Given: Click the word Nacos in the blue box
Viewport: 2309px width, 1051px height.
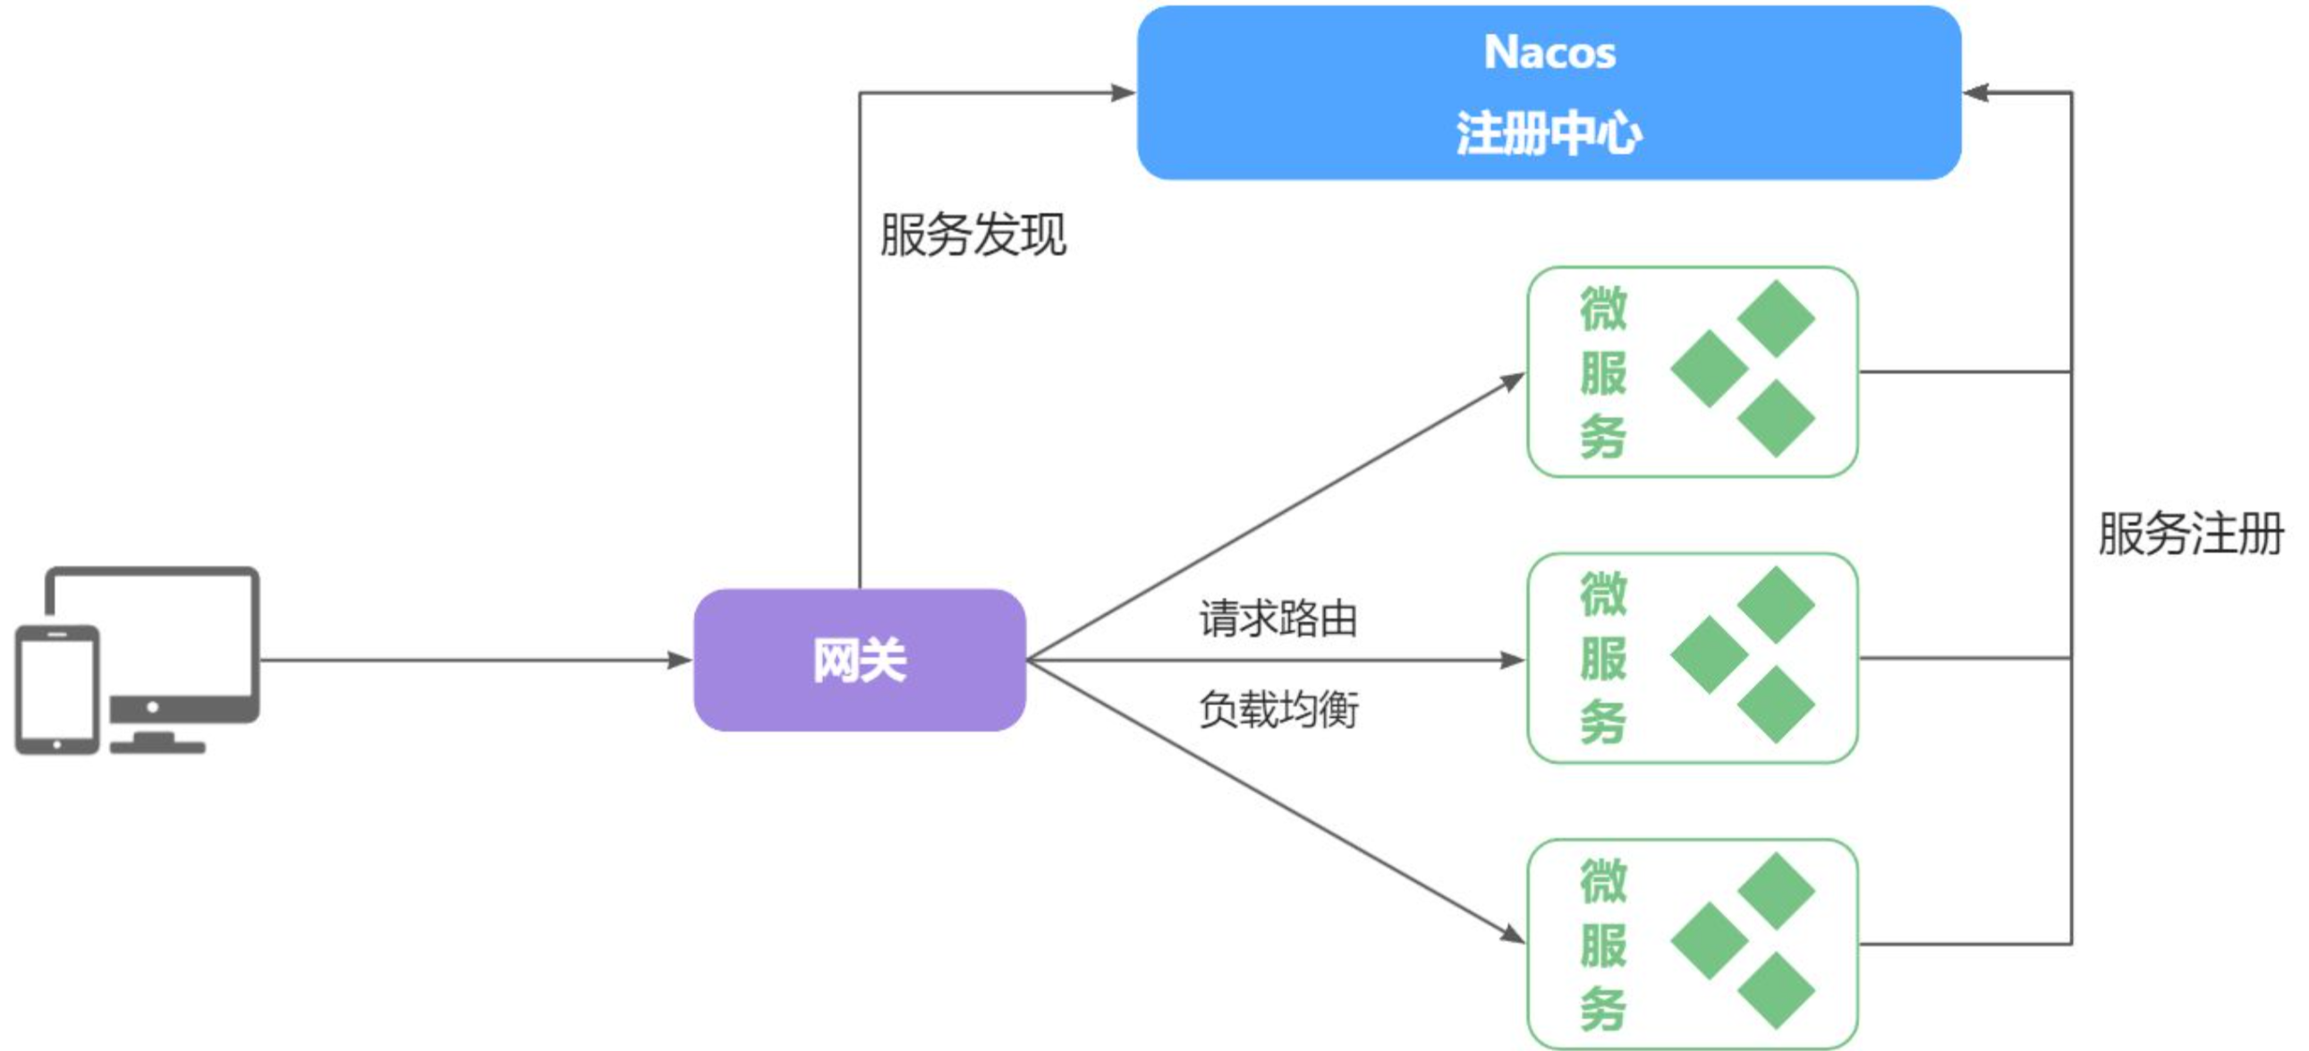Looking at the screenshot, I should pos(1549,52).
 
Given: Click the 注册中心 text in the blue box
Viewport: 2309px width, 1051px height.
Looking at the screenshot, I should pos(1549,134).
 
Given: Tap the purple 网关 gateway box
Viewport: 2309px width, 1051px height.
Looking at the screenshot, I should pos(859,660).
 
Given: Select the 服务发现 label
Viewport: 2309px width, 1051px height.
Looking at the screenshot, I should pos(972,235).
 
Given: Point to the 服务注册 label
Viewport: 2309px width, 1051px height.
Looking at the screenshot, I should pos(2190,534).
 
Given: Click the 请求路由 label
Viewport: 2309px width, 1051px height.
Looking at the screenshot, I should pos(1278,619).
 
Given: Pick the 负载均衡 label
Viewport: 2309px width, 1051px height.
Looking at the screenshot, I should pos(1278,709).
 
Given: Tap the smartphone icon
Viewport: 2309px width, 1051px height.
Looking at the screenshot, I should pos(56,688).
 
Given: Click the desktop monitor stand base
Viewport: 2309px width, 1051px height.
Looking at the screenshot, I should pos(157,745).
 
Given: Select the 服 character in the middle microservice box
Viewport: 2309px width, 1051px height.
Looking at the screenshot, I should pos(1602,658).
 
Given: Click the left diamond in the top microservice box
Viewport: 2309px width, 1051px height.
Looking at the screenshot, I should pos(1710,369).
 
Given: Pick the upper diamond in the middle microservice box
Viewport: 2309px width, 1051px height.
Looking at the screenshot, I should pos(1776,604).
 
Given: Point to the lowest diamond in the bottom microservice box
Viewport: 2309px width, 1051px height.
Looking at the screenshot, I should pos(1776,991).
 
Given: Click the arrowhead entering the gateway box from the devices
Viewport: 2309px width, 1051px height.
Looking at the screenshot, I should pos(680,661).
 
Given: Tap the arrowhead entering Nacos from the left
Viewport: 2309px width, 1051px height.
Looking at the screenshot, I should pos(1123,92).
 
